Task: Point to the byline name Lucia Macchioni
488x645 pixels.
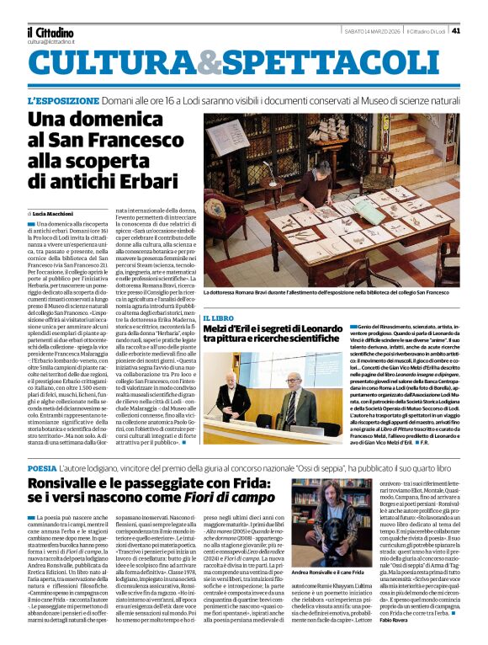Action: [x=53, y=214]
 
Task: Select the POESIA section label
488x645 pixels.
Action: [x=43, y=468]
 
